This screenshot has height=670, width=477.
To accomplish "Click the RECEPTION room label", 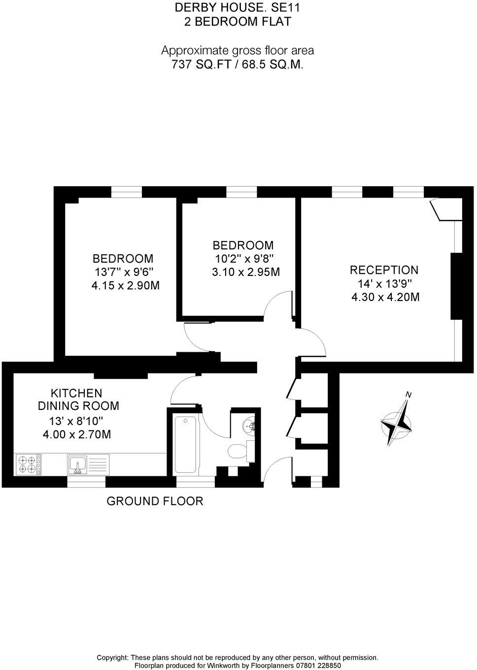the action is click(384, 270).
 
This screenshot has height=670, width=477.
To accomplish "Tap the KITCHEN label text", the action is click(77, 393).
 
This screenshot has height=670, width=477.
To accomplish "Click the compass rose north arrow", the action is click(397, 422).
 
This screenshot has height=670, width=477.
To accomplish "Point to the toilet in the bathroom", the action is click(238, 450).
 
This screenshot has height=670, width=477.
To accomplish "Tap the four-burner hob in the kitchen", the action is click(29, 464).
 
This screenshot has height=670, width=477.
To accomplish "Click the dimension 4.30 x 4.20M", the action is click(385, 297).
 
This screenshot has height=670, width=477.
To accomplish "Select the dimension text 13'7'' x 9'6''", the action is click(124, 272).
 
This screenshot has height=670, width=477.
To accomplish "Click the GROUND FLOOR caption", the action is click(155, 502).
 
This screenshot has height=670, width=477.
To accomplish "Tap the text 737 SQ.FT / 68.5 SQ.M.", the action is click(237, 64).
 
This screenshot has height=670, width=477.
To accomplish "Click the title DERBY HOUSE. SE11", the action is click(237, 7).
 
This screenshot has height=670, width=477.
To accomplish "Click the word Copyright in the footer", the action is click(112, 657).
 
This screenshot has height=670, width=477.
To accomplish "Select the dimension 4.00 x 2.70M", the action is click(77, 435).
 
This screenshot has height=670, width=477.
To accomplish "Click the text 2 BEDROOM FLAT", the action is click(237, 22).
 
